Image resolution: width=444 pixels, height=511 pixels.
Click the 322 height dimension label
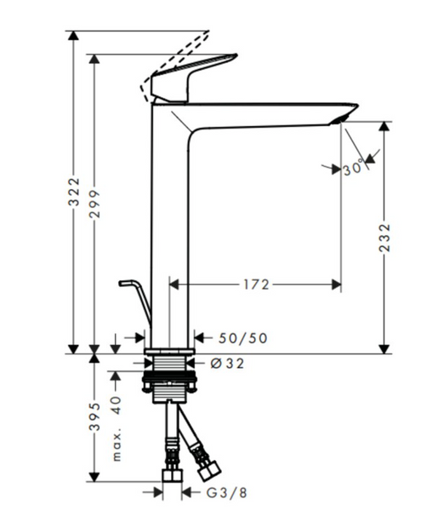73,192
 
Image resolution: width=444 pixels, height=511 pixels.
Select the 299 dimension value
94,204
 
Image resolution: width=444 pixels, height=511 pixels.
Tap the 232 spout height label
384,238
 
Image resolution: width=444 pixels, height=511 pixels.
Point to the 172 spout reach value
257,284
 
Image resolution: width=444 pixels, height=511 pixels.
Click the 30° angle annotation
353,168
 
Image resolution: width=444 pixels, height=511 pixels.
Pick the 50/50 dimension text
242,338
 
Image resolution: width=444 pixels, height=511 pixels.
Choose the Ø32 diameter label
227,364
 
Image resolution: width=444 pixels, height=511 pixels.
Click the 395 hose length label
94,416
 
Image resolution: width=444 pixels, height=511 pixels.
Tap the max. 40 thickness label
117,429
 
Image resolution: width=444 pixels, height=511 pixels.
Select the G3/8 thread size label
227,493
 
